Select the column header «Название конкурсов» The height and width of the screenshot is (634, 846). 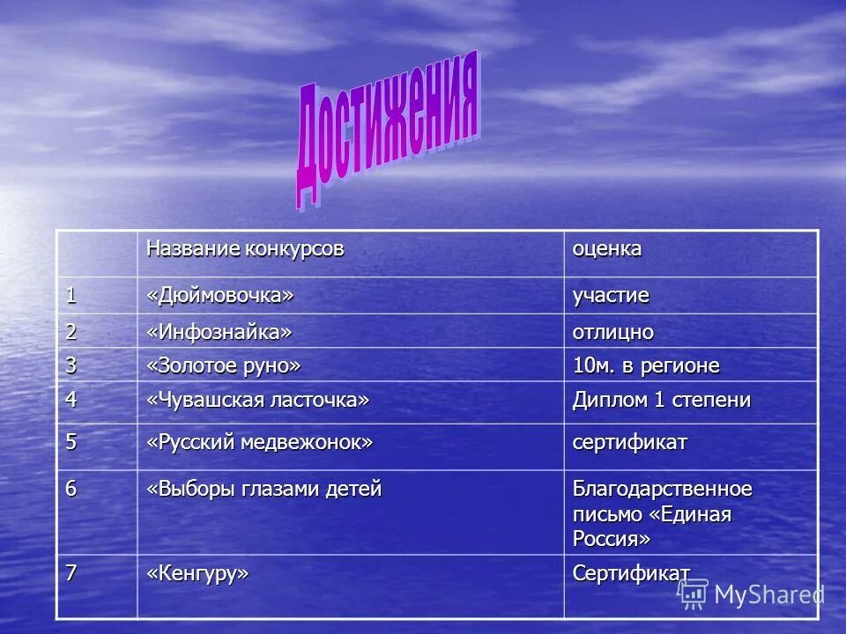pyautogui.click(x=245, y=249)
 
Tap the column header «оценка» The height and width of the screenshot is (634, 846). pyautogui.click(x=607, y=249)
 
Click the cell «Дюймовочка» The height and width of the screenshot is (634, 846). pyautogui.click(x=219, y=295)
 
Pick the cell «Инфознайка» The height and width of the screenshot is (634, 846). pyautogui.click(x=219, y=331)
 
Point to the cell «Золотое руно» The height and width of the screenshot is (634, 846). pyautogui.click(x=224, y=365)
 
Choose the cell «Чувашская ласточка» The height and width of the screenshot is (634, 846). pyautogui.click(x=257, y=400)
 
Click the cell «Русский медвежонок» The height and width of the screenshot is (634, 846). pyautogui.click(x=260, y=442)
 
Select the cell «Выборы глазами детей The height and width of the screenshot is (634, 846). pyautogui.click(x=264, y=490)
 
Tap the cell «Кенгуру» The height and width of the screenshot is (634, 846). pyautogui.click(x=198, y=573)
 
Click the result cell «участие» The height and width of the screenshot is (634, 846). pyautogui.click(x=611, y=296)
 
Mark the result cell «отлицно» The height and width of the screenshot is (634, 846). pyautogui.click(x=613, y=332)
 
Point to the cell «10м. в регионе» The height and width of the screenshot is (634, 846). pyautogui.click(x=646, y=365)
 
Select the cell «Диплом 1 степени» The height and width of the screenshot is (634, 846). pyautogui.click(x=662, y=400)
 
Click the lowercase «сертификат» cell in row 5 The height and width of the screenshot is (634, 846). pyautogui.click(x=630, y=442)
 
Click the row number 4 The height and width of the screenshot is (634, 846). pyautogui.click(x=71, y=399)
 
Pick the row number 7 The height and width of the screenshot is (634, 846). pyautogui.click(x=70, y=572)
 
